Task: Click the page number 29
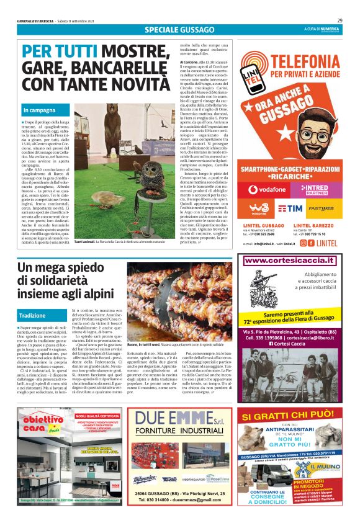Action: [x=348, y=20]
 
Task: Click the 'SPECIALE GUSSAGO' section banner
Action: [x=179, y=30]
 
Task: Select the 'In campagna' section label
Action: [x=37, y=110]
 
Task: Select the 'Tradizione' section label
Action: [x=32, y=315]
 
